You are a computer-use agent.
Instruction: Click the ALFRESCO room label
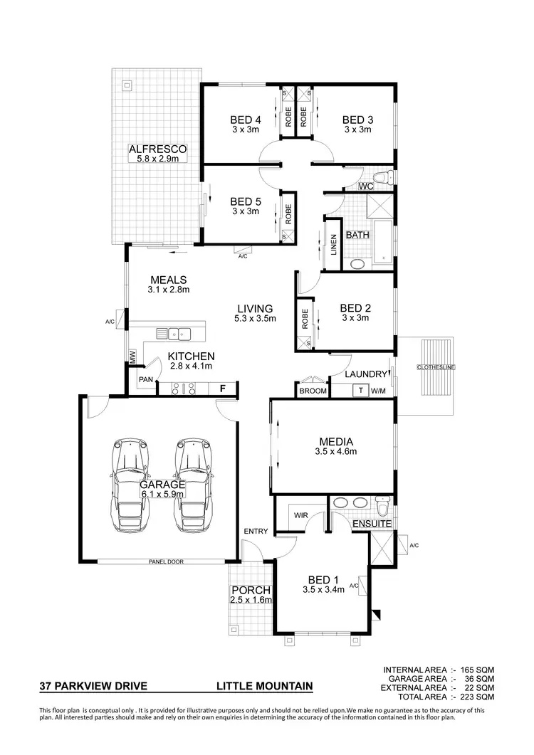tap(157, 149)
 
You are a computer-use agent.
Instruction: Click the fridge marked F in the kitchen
tap(223, 389)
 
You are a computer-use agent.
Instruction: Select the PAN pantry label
tap(146, 379)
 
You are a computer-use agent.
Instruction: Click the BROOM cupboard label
tap(313, 391)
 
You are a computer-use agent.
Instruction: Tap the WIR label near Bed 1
tap(300, 514)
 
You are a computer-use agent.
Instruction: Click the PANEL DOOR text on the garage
tap(166, 561)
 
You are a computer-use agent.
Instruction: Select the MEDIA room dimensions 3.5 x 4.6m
tap(335, 451)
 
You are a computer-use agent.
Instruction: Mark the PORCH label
tap(250, 590)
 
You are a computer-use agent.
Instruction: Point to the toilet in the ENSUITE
tap(382, 508)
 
